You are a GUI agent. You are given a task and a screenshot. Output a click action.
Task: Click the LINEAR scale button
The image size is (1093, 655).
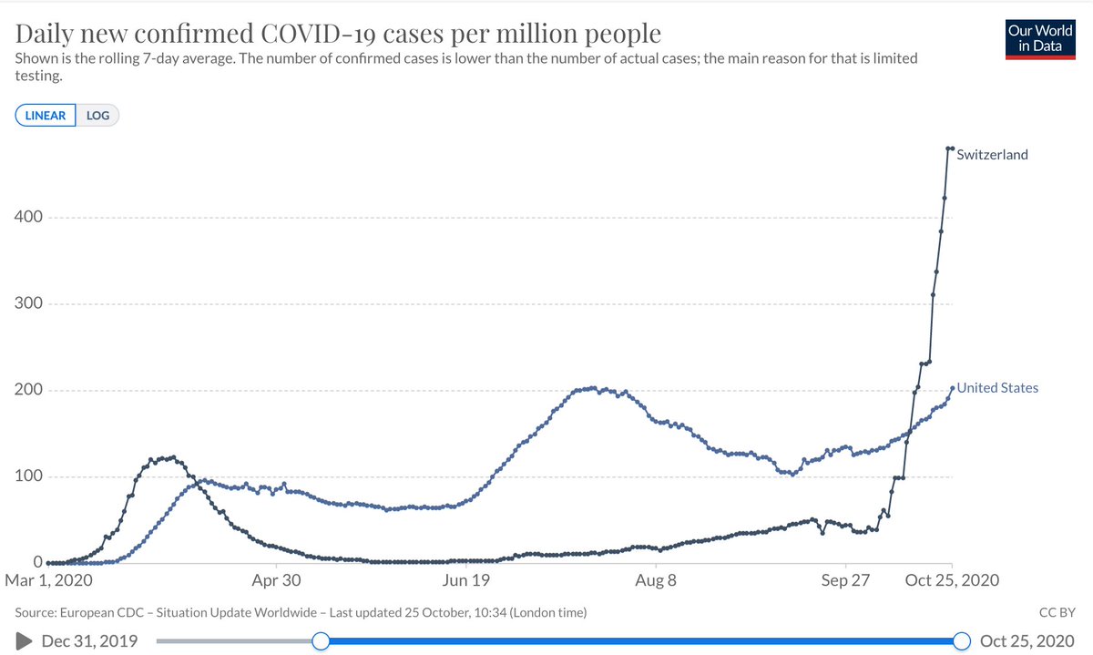pos(45,116)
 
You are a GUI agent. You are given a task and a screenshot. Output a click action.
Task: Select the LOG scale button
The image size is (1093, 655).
pos(97,116)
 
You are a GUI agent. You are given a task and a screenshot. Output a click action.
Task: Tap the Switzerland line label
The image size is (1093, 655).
pos(992,155)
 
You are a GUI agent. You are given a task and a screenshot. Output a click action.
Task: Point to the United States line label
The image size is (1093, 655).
pos(996,388)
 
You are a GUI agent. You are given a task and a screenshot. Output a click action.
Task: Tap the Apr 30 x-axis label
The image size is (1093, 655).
pos(277,580)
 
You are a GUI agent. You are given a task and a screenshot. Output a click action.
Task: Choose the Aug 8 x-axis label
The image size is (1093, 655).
pos(655,580)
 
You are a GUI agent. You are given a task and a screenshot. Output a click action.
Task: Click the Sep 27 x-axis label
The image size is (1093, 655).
pos(845,580)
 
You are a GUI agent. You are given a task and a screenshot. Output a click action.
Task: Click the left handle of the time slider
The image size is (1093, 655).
pos(321,641)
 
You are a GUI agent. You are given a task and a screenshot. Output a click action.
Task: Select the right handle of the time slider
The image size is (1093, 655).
pos(961,641)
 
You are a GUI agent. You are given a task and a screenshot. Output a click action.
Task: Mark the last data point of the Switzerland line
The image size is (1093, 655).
pos(952,148)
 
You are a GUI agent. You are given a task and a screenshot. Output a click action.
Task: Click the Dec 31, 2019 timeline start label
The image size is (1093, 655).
pos(89,641)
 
